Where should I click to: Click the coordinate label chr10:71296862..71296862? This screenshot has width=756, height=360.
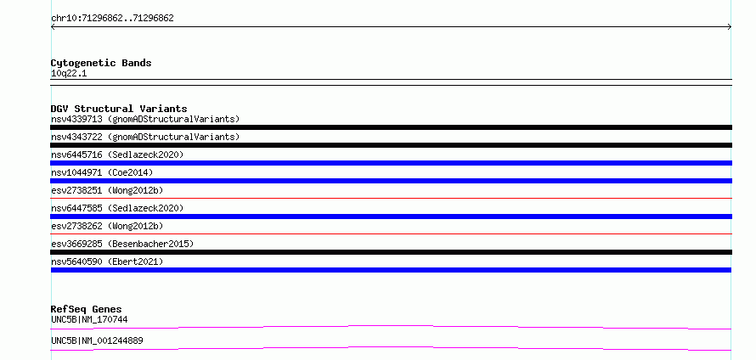(x=112, y=19)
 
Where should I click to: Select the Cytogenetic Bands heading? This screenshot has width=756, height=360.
(x=101, y=63)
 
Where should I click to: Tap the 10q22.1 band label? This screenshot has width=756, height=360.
(x=69, y=74)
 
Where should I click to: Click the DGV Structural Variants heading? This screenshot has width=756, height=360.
(x=119, y=109)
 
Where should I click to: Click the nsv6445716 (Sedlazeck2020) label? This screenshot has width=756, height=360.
(x=117, y=155)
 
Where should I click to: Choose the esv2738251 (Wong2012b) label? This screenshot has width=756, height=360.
(x=107, y=190)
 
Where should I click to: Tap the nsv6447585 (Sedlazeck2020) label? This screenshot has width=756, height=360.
(x=117, y=208)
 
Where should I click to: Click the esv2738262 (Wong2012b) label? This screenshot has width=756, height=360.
(x=107, y=226)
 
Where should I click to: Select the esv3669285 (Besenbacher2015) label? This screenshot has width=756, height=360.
(x=122, y=244)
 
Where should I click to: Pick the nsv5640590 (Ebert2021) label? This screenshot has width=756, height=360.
(x=107, y=262)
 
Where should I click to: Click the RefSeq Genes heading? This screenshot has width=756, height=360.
(x=87, y=309)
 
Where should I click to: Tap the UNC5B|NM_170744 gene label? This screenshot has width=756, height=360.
(x=89, y=319)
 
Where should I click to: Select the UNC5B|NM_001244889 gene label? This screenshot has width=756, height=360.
(x=97, y=340)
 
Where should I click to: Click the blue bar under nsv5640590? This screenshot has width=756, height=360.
(x=391, y=270)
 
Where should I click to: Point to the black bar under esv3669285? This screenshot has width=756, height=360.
(x=391, y=252)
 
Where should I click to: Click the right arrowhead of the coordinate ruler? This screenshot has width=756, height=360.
(x=731, y=27)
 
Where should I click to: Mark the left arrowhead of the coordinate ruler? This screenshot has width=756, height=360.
(x=52, y=27)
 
